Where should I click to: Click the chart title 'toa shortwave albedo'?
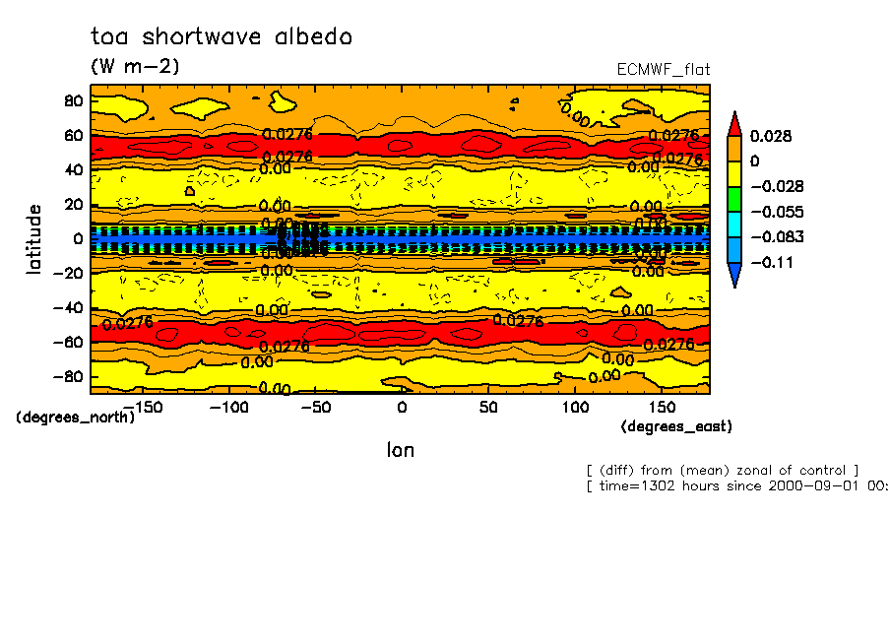point(221,37)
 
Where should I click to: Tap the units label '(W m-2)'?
point(135,67)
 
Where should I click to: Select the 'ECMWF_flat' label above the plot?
point(663,69)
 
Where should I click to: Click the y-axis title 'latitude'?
point(34,238)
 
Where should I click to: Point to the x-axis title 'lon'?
point(400,450)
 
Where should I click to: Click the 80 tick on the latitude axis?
point(72,99)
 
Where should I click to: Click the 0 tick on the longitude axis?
point(402,408)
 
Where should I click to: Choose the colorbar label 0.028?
point(771,136)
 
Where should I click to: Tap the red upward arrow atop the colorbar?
point(734,123)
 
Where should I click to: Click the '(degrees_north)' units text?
point(76,417)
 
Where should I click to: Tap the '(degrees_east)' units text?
point(676,426)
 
